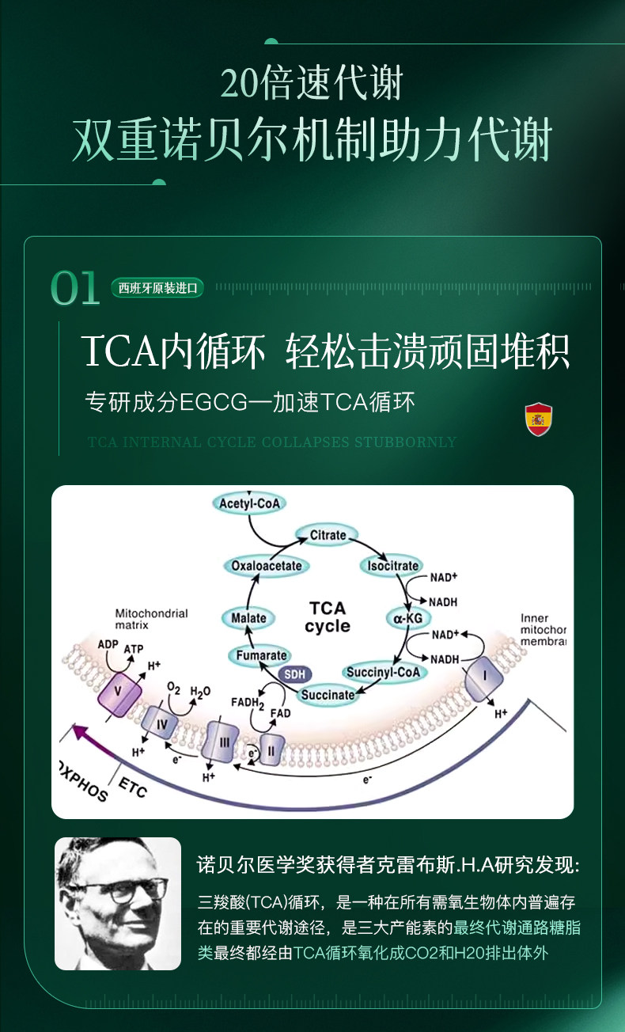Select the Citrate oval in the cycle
pos(328,536)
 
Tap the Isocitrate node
pos(393,566)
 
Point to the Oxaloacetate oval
pos(267,566)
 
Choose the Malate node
pos(248,618)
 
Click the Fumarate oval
pos(262,656)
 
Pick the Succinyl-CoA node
pos(386,673)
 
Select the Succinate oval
pos(328,695)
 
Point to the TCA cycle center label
pos(328,617)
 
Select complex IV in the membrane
pos(161,722)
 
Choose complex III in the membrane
pos(223,743)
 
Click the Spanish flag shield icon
pos(539,419)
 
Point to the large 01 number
pos(75,289)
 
